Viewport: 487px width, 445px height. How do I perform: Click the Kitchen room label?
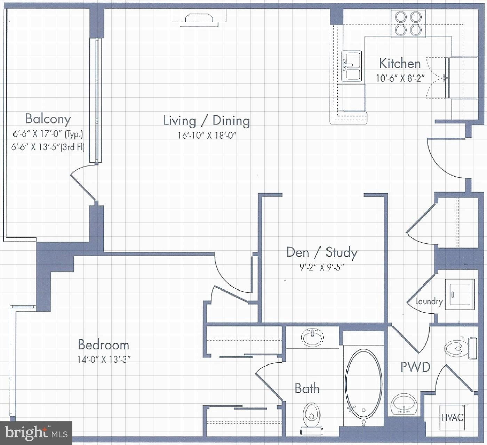(x=400, y=64)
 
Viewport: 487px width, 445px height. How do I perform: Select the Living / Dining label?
(x=207, y=121)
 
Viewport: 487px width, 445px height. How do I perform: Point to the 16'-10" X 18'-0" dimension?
(x=207, y=135)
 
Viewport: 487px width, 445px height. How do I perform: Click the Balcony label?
(x=48, y=119)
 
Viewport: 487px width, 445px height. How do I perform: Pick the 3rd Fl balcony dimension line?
(x=48, y=147)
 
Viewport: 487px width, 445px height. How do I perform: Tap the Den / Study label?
(x=322, y=252)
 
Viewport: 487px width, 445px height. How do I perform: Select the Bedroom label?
(x=104, y=345)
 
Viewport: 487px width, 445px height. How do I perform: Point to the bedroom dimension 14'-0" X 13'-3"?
(x=104, y=359)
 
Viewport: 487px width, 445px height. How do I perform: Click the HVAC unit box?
(x=453, y=418)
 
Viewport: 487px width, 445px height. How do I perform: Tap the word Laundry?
(x=429, y=302)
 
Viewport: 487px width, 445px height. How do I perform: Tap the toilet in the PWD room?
(x=461, y=348)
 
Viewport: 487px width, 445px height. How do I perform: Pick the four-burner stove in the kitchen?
(x=408, y=24)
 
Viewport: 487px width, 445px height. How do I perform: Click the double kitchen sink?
(x=351, y=66)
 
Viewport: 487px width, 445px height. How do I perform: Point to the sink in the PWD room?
(x=404, y=404)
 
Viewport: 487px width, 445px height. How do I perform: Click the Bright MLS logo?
(x=36, y=432)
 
